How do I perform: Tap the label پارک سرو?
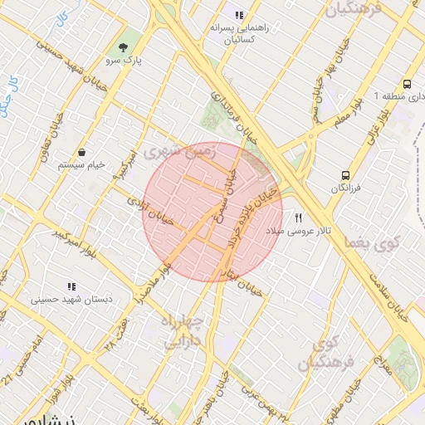click(x=125, y=61)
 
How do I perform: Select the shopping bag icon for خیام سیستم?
click(x=84, y=152)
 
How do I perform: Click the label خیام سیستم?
click(x=82, y=165)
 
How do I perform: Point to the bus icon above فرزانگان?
click(x=345, y=176)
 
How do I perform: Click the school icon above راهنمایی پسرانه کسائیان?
click(x=239, y=15)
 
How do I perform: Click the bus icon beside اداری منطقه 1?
click(x=407, y=85)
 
